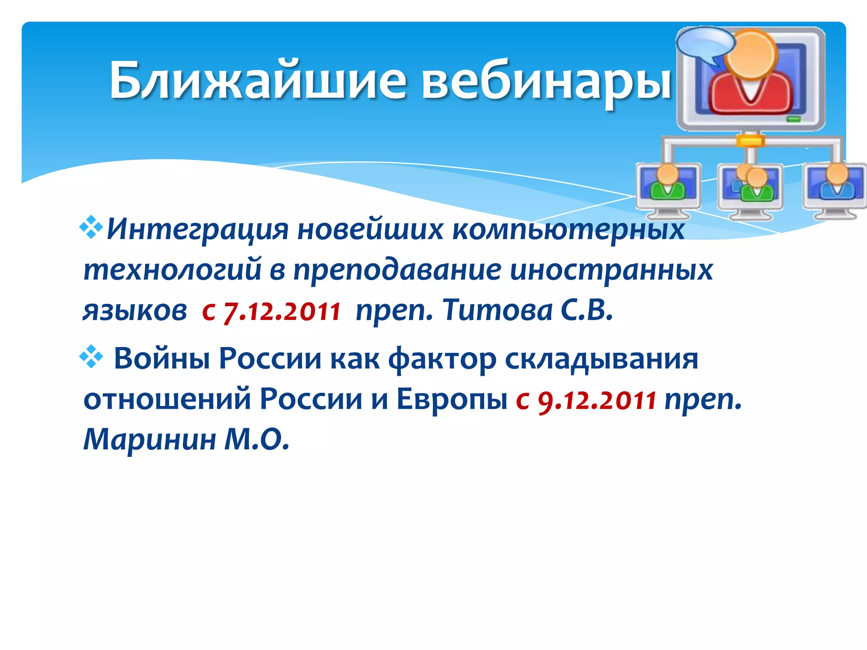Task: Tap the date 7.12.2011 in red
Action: [282, 311]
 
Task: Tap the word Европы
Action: [451, 399]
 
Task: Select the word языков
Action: [135, 311]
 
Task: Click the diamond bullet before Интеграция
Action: [91, 228]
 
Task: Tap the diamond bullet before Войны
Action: [91, 356]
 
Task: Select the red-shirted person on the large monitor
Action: [751, 76]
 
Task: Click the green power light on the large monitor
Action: [793, 119]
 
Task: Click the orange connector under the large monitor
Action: [750, 140]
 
